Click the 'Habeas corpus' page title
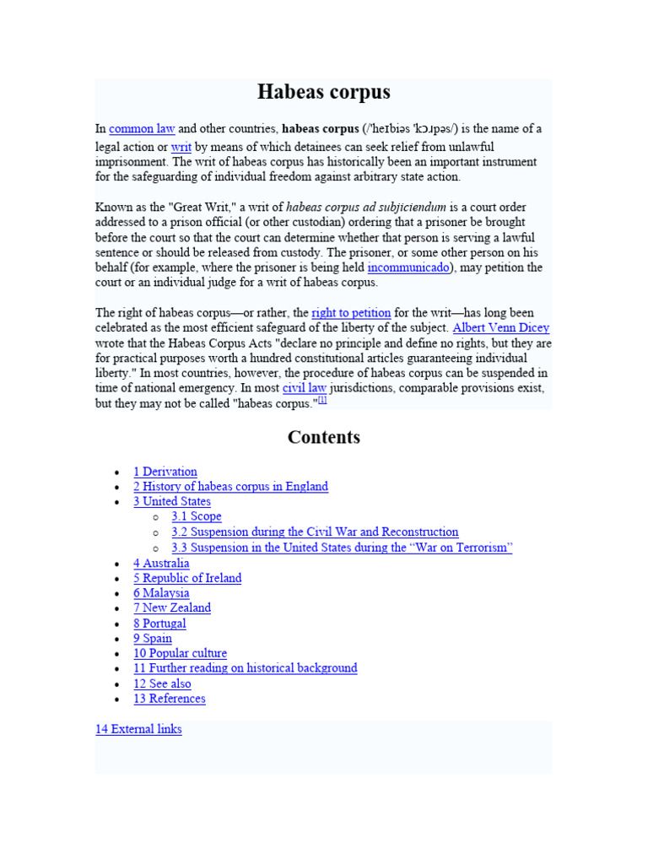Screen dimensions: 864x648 point(323,92)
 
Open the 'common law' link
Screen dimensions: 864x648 point(142,129)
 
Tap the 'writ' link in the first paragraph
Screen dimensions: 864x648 point(181,146)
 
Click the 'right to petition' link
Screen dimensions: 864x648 point(351,313)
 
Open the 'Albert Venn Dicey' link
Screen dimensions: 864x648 point(501,328)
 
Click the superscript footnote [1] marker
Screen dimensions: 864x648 point(321,401)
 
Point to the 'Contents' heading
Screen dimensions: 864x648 point(323,437)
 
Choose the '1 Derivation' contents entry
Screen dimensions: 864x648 point(165,472)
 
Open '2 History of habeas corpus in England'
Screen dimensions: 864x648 point(230,487)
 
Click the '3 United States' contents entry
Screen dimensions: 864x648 point(172,501)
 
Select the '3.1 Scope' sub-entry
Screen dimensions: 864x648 point(197,516)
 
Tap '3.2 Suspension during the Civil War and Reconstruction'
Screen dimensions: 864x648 point(315,532)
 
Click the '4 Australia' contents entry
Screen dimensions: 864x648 point(161,564)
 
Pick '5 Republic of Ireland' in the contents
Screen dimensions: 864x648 point(187,578)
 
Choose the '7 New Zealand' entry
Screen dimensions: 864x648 point(172,607)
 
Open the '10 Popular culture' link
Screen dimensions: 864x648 point(180,653)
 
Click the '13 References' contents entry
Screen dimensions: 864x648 point(170,699)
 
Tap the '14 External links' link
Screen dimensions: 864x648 point(138,729)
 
